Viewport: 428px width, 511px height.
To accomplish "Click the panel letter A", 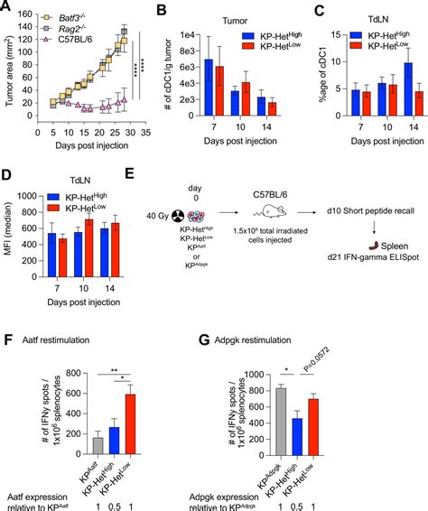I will click(x=8, y=9).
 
